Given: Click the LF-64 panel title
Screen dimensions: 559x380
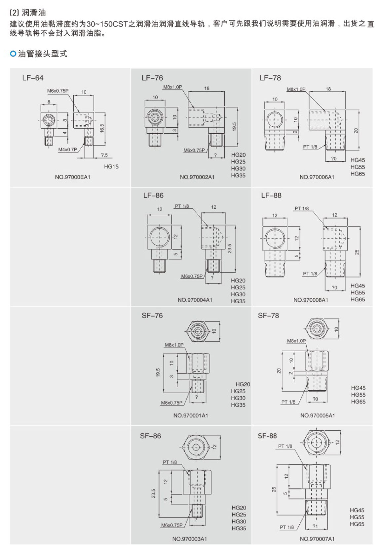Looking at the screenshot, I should click(33, 78).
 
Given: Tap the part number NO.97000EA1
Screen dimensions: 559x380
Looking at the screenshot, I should click(72, 177).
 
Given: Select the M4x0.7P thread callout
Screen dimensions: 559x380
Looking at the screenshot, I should click(67, 150).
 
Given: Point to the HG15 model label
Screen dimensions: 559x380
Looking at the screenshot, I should click(111, 166).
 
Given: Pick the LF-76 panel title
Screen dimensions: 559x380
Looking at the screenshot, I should click(152, 78).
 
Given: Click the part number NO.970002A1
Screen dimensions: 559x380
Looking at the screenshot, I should click(197, 177).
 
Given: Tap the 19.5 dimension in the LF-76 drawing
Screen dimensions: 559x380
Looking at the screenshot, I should click(234, 127).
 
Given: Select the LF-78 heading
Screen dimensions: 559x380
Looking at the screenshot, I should click(270, 78).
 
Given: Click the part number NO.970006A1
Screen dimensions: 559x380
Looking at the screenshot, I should click(317, 177).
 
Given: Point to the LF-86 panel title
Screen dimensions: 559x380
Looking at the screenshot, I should click(153, 195).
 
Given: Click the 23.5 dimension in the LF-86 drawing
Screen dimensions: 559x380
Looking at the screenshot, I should click(230, 248).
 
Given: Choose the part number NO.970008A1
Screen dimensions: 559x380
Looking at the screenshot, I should click(311, 300).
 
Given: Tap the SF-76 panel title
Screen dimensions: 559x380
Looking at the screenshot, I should click(152, 316).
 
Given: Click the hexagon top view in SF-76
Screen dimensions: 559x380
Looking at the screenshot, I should click(198, 331).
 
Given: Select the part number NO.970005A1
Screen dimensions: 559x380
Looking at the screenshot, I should click(317, 415).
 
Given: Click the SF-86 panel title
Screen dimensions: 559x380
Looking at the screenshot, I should click(150, 436).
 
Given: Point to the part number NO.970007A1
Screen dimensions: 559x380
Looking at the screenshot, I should click(317, 539).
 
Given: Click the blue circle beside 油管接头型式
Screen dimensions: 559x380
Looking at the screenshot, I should click(13, 54).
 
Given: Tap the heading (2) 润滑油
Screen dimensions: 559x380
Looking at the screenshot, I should click(28, 13).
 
